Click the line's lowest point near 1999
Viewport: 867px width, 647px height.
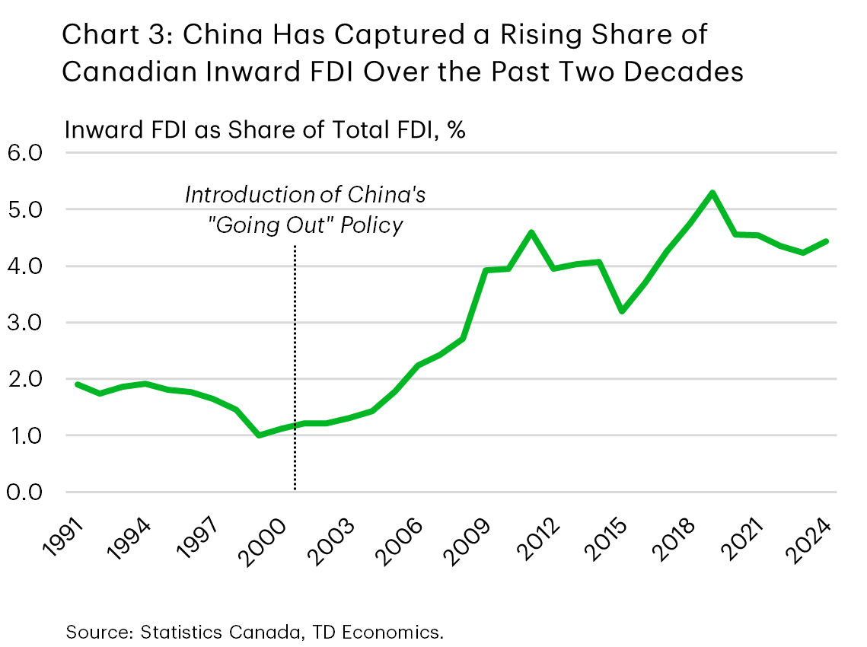click(x=260, y=435)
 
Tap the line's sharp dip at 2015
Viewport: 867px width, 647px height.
click(x=621, y=311)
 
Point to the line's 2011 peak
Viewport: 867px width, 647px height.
click(x=531, y=232)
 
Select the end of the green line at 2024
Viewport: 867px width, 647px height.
click(x=825, y=241)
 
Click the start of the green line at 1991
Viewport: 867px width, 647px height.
click(x=78, y=384)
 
